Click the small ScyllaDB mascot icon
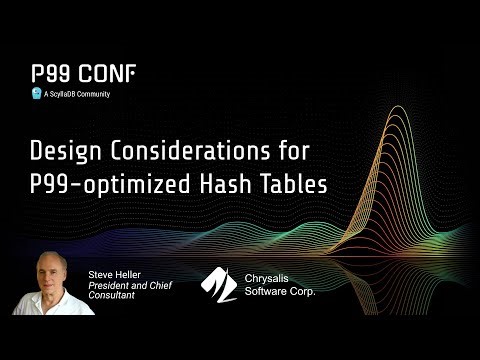35,94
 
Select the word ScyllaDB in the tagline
62,94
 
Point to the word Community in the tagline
93,94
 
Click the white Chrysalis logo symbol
219,283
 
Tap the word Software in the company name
268,291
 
